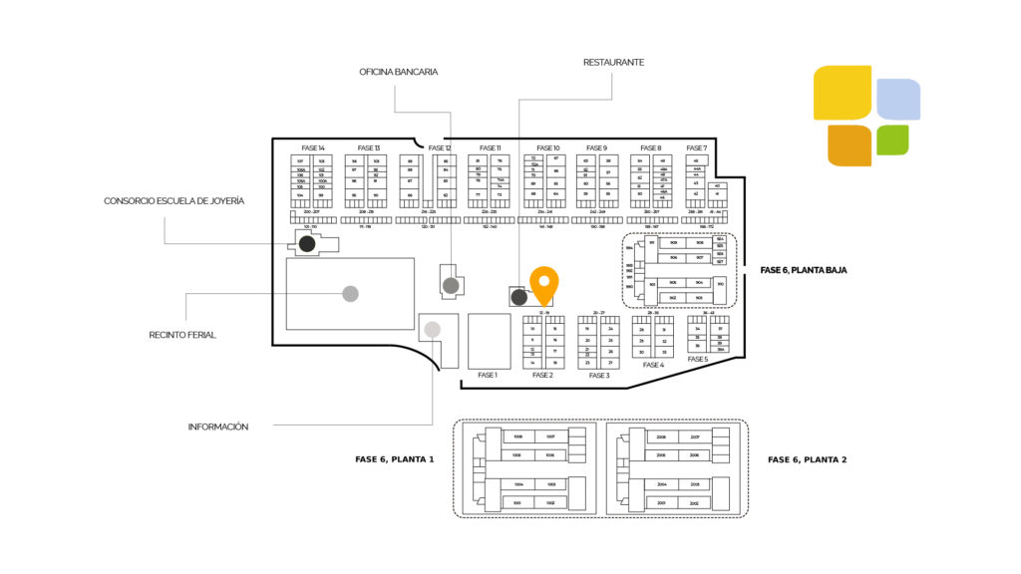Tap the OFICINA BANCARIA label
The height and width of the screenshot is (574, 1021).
399,72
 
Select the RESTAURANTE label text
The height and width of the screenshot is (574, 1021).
613,62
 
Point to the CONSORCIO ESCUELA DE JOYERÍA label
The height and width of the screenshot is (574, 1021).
173,201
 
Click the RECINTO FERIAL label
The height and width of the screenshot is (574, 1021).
182,335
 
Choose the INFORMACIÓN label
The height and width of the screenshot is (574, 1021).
218,427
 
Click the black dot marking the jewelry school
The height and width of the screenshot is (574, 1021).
308,243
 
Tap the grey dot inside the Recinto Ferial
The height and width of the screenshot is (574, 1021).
350,293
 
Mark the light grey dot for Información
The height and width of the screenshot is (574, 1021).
433,329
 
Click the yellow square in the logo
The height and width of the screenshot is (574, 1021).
843,92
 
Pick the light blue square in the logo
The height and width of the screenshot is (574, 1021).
898,99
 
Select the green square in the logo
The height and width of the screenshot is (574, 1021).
892,140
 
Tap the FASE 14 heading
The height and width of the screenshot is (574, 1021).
312,147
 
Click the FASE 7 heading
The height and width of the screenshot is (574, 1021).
697,147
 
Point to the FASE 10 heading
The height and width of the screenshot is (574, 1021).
548,147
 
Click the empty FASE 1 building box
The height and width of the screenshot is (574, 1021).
489,341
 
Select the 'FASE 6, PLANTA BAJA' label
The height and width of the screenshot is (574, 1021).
804,269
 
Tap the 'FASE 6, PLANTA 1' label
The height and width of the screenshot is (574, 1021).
395,459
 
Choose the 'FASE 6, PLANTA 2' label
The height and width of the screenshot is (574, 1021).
808,459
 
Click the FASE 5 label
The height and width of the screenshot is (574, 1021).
698,359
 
